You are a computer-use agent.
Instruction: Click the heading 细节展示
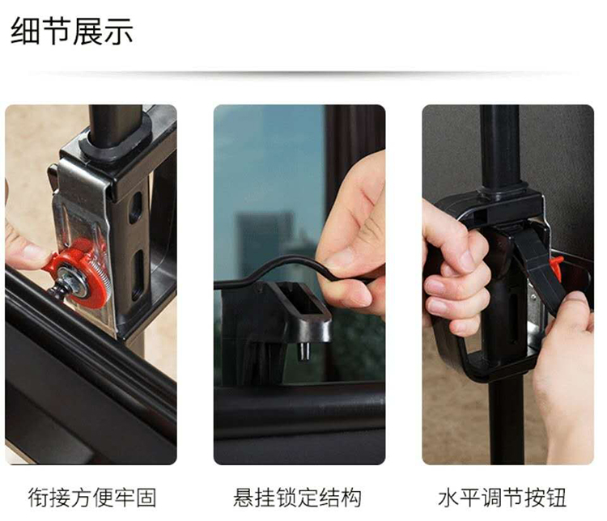click(72, 31)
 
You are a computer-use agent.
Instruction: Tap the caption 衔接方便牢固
click(92, 498)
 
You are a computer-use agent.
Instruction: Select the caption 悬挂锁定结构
click(297, 498)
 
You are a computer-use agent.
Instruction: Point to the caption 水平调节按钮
click(503, 498)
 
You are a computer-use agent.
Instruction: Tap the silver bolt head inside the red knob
click(73, 282)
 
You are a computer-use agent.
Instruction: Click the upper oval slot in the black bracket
click(135, 207)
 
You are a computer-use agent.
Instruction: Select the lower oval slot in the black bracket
click(138, 275)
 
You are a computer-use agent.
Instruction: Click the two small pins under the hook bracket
click(304, 350)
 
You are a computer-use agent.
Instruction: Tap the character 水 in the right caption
click(448, 498)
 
